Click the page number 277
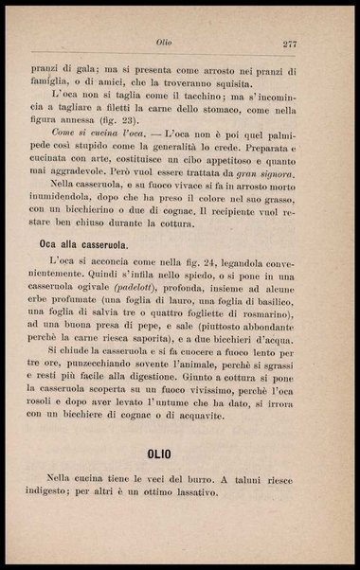290,44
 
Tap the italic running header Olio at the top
164,44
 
